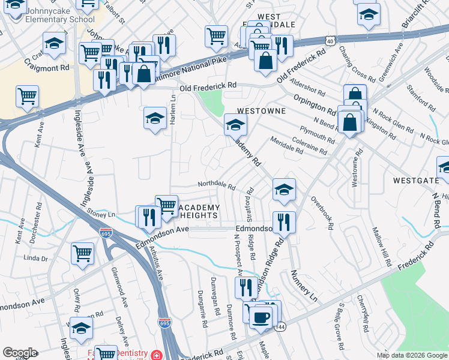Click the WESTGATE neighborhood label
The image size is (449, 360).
415,180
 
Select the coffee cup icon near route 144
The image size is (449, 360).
261,316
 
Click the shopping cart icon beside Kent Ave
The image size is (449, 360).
28,96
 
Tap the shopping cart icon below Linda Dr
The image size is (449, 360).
82,253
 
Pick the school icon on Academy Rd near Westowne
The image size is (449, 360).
235,125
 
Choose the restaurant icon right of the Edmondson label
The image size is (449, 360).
285,222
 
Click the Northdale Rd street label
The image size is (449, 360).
216,186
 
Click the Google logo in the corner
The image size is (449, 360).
20,353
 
